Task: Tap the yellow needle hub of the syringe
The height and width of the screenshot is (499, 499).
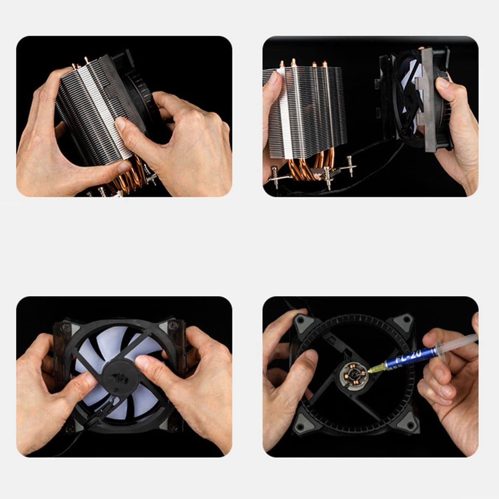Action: point(376,367)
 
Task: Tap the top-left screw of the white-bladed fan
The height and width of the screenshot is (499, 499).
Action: point(65,327)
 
